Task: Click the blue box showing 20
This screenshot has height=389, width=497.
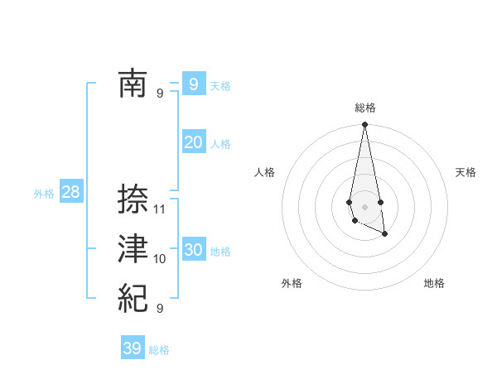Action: (193, 142)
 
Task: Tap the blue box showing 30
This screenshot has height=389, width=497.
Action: (193, 250)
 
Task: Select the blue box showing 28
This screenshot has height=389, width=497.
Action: (70, 193)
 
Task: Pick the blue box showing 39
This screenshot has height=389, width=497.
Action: (132, 348)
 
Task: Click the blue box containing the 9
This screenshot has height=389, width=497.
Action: (193, 84)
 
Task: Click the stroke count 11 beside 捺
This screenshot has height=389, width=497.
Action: (160, 209)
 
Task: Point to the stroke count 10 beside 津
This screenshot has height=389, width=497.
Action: (160, 259)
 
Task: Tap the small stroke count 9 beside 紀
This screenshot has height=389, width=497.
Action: (160, 309)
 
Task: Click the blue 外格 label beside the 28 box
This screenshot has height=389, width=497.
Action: (44, 194)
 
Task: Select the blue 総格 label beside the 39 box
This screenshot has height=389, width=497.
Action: (159, 350)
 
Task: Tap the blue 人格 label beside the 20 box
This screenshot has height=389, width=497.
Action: (220, 144)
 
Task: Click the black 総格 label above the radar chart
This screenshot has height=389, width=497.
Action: (364, 108)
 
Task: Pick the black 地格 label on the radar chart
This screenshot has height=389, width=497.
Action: (434, 284)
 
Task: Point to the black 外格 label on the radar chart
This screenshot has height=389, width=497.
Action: (292, 284)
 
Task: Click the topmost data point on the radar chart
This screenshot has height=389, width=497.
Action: (364, 125)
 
